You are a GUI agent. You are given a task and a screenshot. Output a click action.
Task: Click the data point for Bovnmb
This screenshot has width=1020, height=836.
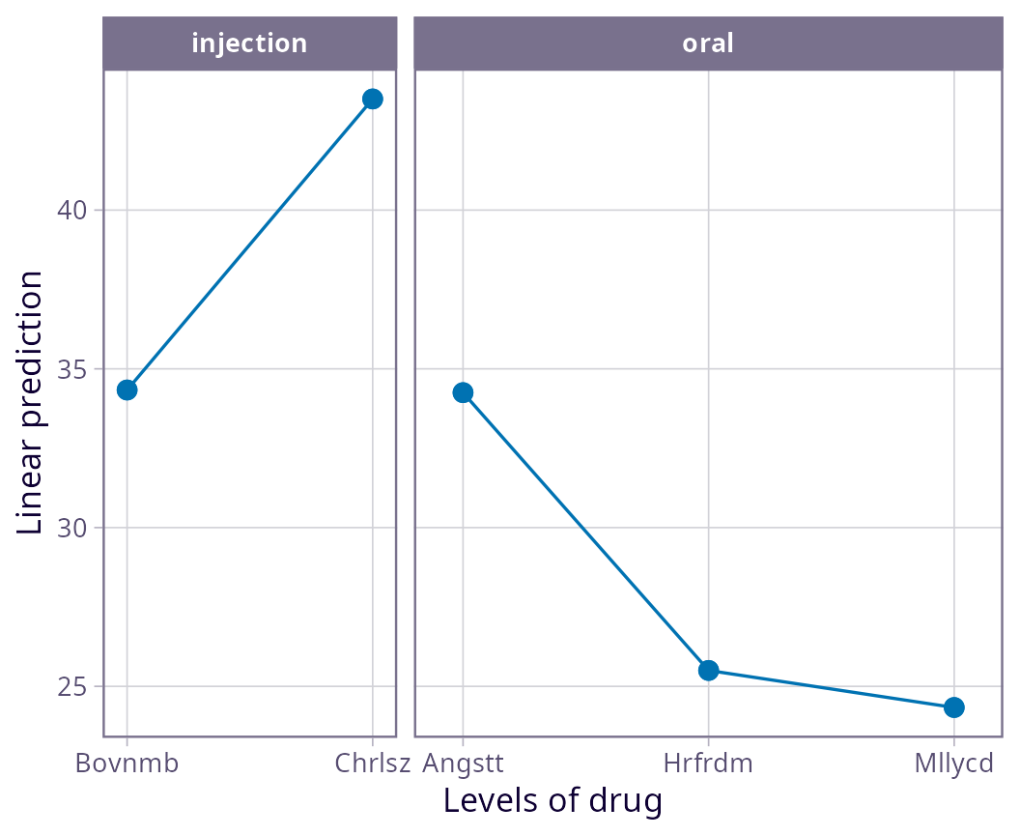(x=127, y=389)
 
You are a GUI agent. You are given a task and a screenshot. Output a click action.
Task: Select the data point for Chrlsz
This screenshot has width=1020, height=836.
(x=372, y=99)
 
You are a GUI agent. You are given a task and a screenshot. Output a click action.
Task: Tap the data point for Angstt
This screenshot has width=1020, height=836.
(x=463, y=392)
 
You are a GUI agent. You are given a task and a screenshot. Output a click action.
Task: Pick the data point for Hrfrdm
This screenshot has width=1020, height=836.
(x=708, y=670)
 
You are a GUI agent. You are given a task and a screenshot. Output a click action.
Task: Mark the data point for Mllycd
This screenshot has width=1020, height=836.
(x=953, y=707)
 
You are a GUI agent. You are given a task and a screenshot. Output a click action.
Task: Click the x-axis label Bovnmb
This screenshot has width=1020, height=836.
(x=127, y=764)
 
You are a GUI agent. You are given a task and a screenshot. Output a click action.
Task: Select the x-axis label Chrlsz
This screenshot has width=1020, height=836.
(x=372, y=764)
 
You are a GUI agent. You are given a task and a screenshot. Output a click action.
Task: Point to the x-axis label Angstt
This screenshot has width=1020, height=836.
(x=463, y=764)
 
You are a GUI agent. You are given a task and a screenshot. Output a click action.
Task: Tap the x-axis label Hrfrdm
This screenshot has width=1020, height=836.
(x=708, y=764)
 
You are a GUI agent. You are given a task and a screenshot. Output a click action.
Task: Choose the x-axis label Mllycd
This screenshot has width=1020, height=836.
(x=953, y=764)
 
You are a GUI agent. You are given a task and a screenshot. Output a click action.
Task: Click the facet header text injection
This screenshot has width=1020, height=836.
(x=249, y=43)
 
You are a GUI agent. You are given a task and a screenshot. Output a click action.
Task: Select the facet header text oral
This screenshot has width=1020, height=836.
(x=708, y=43)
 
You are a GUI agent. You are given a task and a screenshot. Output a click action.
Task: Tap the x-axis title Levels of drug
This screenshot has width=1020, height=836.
(x=552, y=801)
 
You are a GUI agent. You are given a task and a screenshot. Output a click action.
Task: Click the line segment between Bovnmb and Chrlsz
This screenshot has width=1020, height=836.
(x=249, y=245)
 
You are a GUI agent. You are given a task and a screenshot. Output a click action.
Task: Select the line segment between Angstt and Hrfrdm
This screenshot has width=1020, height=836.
(x=585, y=531)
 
